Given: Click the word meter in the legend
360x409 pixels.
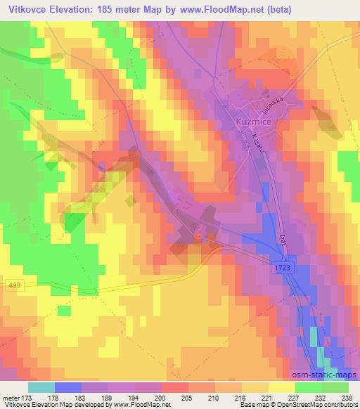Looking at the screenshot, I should click(10, 397).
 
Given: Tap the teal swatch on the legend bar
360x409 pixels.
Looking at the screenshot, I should click(41, 387).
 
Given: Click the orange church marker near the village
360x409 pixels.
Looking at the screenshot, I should click(200, 236).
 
